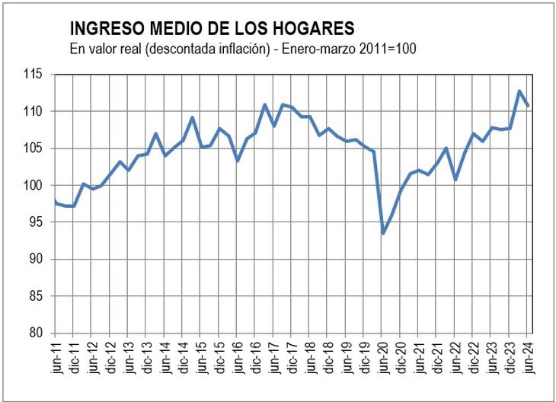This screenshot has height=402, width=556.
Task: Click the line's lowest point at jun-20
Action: pos(382,233)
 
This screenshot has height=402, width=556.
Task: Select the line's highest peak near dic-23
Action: pos(519,91)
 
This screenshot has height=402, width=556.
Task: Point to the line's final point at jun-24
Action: pos(529,106)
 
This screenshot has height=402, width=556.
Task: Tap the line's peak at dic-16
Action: pos(264,105)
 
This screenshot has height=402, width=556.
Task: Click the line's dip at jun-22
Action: pos(455,180)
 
